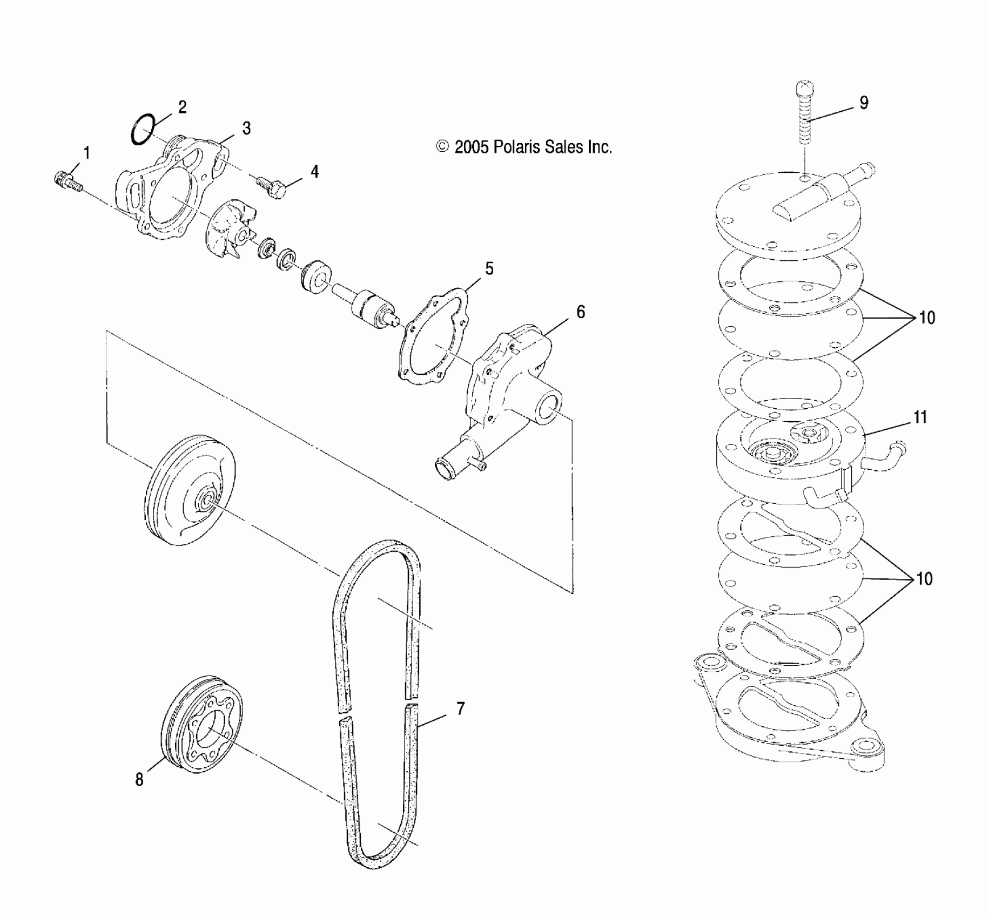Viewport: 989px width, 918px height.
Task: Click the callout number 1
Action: click(x=86, y=153)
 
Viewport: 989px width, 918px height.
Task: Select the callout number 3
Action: click(x=246, y=129)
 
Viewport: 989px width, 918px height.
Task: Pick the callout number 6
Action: click(x=581, y=312)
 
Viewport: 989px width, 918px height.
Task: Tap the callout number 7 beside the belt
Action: click(x=460, y=709)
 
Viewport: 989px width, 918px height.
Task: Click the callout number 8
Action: click(x=139, y=780)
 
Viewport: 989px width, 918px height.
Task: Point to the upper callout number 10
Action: click(x=926, y=318)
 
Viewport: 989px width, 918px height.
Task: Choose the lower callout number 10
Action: click(x=925, y=579)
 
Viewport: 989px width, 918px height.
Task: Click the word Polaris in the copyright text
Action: click(x=514, y=147)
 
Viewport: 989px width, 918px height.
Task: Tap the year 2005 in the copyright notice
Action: click(x=472, y=147)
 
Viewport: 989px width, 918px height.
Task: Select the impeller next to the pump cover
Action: click(x=227, y=230)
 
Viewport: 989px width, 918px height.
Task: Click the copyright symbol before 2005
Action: click(x=443, y=147)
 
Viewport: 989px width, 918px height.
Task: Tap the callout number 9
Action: click(x=864, y=103)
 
